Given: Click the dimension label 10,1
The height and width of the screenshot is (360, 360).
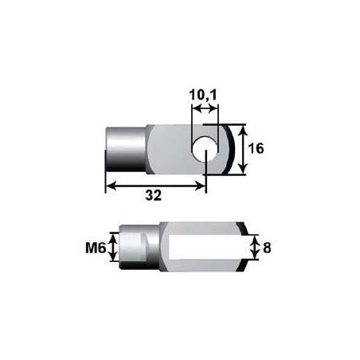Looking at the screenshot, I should (205, 96).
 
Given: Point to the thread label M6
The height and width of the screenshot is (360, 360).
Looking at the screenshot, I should (96, 248).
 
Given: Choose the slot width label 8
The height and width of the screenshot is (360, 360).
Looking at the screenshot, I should (266, 248).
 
